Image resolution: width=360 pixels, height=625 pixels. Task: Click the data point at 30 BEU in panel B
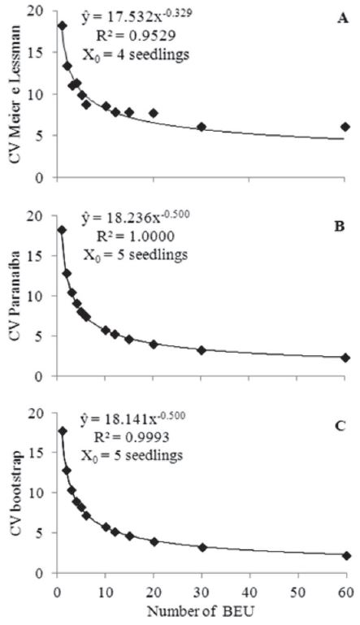[202, 350]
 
